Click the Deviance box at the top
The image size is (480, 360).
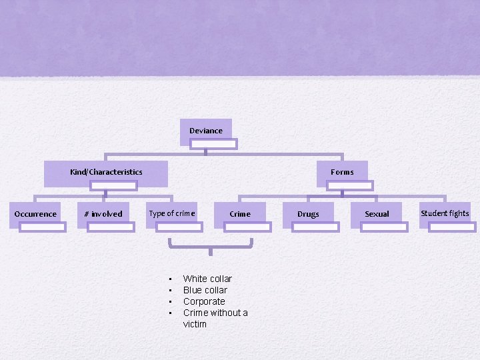(x=206, y=131)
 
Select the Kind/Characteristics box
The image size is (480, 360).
(x=106, y=172)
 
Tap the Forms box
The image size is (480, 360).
(x=342, y=172)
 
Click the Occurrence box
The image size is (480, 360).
(x=35, y=214)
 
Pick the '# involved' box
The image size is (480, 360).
(x=103, y=214)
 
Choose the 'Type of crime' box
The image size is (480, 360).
(x=172, y=213)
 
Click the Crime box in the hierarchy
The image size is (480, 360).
(x=240, y=214)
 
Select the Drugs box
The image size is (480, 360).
(x=308, y=214)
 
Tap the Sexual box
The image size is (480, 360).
(x=377, y=214)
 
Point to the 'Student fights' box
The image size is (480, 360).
(x=445, y=213)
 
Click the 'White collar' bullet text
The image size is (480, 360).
(x=207, y=279)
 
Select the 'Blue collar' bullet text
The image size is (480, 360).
(x=205, y=290)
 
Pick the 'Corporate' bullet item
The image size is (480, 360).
(x=204, y=301)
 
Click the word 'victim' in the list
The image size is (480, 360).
(x=195, y=324)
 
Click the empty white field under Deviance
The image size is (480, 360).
(x=214, y=143)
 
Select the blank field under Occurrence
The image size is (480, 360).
(x=43, y=227)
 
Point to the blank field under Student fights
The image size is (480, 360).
(x=452, y=227)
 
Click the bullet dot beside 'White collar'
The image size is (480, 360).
(x=171, y=279)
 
